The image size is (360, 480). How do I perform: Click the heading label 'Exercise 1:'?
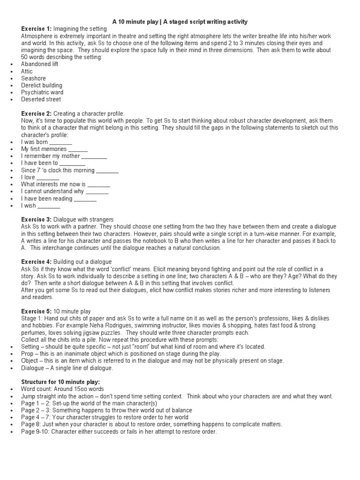[x=37, y=29]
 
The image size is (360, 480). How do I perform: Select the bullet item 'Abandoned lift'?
[x=39, y=64]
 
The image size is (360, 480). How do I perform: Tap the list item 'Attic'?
[x=27, y=71]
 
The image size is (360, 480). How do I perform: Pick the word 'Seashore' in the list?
[x=33, y=78]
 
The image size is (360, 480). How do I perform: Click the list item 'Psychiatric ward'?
[x=42, y=92]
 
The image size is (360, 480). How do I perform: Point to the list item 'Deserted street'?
[x=41, y=99]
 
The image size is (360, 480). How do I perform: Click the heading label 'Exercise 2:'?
[x=37, y=113]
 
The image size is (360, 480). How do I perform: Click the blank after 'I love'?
[x=48, y=178]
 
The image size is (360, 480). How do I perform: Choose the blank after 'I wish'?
[x=49, y=206]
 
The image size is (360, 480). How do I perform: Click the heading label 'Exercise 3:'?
[x=37, y=219]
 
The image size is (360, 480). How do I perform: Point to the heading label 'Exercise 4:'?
[x=37, y=262]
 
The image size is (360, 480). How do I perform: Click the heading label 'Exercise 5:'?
[x=37, y=311]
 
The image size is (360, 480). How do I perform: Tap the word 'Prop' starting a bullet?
[x=27, y=354]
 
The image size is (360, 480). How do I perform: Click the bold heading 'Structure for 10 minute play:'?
[x=60, y=382]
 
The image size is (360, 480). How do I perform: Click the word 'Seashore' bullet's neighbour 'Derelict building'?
[x=41, y=85]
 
